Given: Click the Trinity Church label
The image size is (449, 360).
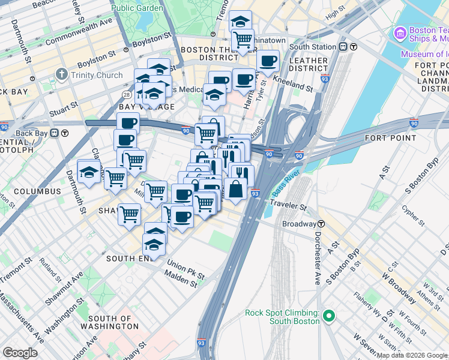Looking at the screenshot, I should (96, 76).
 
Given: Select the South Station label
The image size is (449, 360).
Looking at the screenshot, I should (313, 47).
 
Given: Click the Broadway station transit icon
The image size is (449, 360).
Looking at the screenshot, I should (322, 224).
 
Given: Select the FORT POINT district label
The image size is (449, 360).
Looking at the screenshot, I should (390, 138).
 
